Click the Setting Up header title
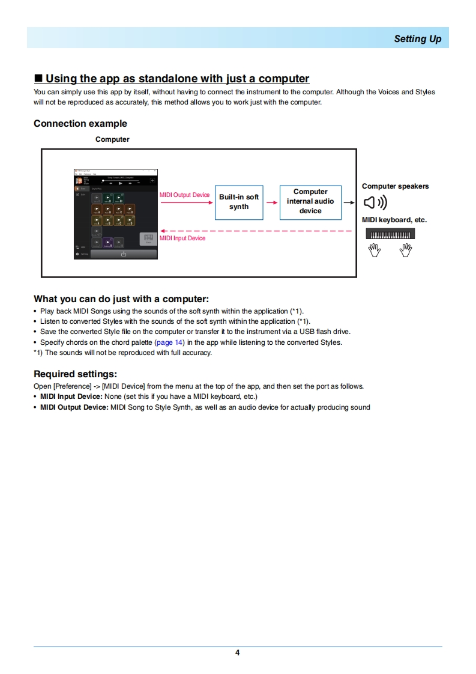pos(417,39)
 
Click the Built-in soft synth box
pos(239,202)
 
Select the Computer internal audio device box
pos(310,202)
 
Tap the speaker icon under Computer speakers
pos(376,202)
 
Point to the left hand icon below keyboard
pos(375,250)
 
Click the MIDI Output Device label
pos(184,195)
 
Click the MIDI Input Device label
pos(182,238)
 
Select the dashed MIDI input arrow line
pos(258,231)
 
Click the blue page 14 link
pos(169,342)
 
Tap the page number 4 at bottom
pos(238,653)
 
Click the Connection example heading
pos(80,124)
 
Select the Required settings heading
pos(75,374)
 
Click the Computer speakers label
pos(395,186)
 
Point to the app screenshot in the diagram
pos(115,214)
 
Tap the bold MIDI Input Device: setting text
pos(71,397)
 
